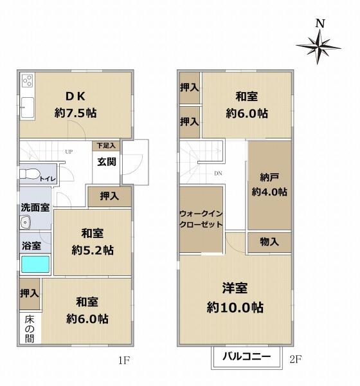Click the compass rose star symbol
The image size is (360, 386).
pos(318,46)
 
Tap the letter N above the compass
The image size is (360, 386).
pos(320,23)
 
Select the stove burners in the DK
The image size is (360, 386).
pos(27,81)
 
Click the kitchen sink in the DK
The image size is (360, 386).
pos(27,107)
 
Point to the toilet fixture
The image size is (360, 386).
pos(29,174)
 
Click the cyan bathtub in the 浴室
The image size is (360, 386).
pos(35,264)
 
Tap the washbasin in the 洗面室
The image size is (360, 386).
pos(25,223)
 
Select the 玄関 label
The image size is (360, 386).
pos(106,161)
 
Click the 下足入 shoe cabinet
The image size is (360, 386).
pos(106,145)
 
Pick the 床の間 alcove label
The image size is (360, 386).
pos(30,329)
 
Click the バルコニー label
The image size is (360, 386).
pos(246,356)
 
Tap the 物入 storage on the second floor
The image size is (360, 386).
pos(269,242)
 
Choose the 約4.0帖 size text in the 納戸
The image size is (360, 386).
pos(269,192)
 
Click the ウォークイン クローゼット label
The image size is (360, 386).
pos(201,219)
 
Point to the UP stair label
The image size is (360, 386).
pos(69,152)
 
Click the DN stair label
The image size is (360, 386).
pos(218,173)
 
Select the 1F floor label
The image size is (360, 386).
pos(124,360)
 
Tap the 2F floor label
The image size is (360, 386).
pos(296,359)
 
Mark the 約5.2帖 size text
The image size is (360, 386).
pos(93,250)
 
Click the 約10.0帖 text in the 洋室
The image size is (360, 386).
pos(235,308)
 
